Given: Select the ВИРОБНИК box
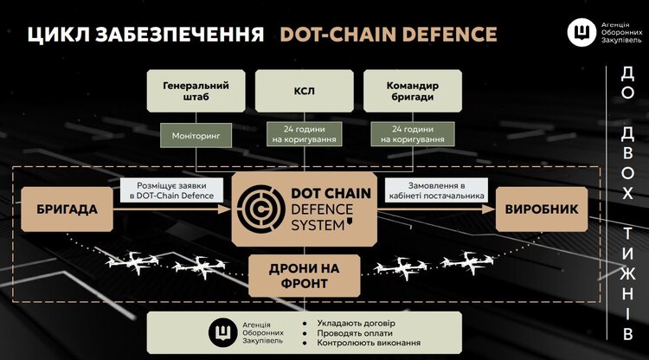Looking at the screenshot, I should [x=542, y=209].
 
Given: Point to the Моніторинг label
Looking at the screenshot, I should [x=196, y=135].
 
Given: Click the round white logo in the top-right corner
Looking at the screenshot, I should [x=581, y=33].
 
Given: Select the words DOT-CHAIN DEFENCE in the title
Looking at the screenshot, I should [x=388, y=35].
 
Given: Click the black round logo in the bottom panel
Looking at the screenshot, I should [x=222, y=332].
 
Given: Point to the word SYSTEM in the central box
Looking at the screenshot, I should [x=318, y=224].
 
